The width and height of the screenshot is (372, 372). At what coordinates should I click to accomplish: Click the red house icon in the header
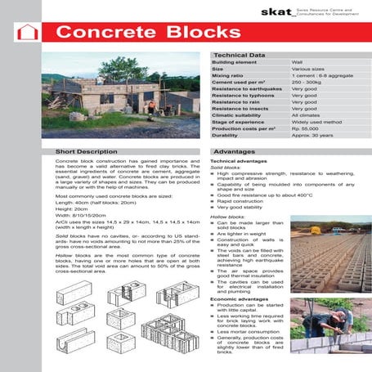pyautogui.click(x=28, y=33)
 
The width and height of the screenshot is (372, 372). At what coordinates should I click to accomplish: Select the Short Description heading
pyautogui.click(x=92, y=152)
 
